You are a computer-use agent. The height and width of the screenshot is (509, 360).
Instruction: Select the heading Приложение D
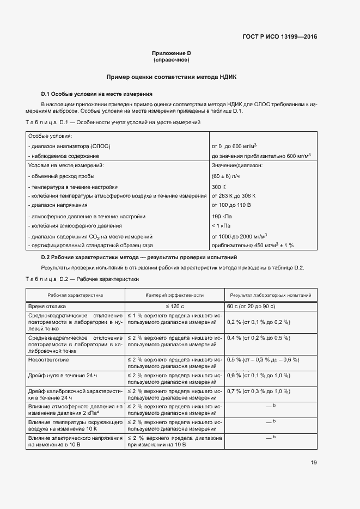tap(171, 53)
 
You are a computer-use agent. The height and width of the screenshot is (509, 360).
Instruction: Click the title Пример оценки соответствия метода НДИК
tap(171, 78)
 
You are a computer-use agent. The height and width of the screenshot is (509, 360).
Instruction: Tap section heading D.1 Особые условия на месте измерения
tap(93, 94)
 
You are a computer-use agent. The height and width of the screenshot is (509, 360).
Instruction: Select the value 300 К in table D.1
tap(219, 186)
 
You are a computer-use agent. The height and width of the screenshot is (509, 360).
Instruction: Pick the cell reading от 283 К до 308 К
tap(233, 195)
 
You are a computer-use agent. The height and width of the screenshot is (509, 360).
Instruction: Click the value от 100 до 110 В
tap(231, 205)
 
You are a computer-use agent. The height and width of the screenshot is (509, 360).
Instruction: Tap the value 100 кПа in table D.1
tap(221, 216)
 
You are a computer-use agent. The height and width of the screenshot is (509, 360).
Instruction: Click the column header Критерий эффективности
tap(174, 295)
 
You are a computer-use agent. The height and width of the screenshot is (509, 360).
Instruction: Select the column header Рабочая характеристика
tap(75, 295)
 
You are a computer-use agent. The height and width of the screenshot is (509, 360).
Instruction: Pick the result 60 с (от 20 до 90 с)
tap(253, 307)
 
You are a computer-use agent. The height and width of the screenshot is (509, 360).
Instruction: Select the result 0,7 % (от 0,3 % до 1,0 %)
tap(258, 391)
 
